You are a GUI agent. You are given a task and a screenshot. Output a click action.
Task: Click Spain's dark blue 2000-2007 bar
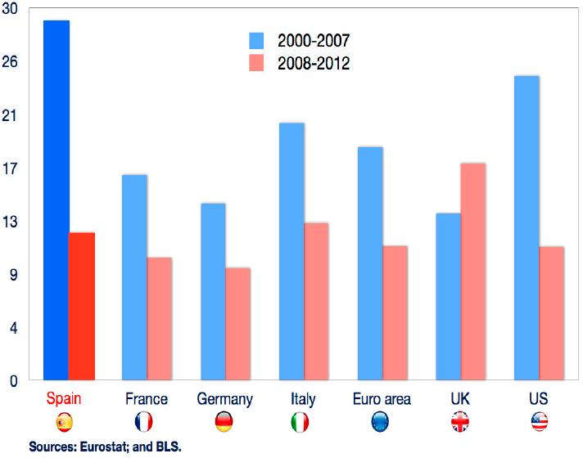[56, 200]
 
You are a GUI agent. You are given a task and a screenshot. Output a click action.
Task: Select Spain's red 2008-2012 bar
[82, 306]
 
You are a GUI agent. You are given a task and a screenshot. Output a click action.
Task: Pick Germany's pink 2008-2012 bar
[237, 323]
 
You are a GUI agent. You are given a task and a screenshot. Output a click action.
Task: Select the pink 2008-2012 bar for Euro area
[395, 312]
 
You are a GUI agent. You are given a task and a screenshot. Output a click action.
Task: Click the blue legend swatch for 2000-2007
[257, 40]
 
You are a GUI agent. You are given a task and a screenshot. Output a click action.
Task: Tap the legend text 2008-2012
[313, 63]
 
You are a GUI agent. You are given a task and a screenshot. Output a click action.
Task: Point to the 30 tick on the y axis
[10, 9]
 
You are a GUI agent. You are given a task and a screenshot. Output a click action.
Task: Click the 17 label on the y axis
[10, 168]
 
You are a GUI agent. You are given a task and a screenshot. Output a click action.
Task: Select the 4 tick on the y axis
[13, 327]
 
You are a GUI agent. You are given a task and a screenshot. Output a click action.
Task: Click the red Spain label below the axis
[65, 399]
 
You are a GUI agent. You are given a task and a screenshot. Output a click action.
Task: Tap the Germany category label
[225, 399]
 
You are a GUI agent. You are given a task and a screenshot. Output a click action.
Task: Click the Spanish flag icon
[65, 422]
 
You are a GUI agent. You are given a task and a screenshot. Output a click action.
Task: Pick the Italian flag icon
[301, 422]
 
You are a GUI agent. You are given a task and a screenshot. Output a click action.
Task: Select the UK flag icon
[460, 422]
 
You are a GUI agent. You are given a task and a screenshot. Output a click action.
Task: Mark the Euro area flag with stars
[381, 422]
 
